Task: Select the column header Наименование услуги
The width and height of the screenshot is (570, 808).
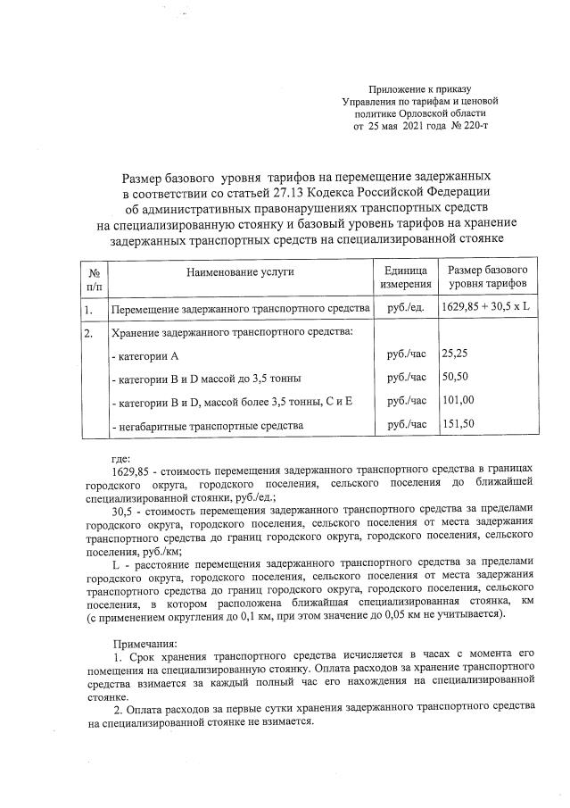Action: [240, 271]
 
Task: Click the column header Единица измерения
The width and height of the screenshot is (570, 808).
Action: [406, 277]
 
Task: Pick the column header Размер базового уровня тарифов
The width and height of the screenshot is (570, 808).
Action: [488, 277]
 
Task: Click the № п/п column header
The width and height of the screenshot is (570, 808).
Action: [93, 277]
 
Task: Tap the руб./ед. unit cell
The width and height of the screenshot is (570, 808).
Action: [406, 308]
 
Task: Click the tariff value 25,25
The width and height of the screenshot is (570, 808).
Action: [456, 354]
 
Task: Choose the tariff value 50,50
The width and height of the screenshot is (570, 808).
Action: [456, 378]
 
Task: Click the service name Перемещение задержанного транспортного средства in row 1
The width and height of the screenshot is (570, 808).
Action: [239, 310]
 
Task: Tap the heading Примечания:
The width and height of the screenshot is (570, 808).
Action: [145, 643]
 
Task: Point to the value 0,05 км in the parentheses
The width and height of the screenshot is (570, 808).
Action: [391, 616]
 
